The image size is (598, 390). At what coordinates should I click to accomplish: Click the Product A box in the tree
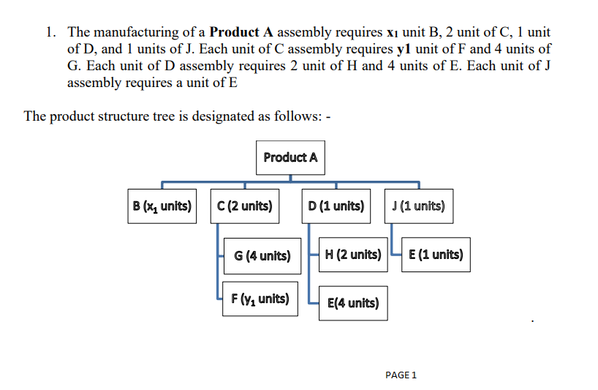[x=290, y=157]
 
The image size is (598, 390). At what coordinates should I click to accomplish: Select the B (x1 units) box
[x=161, y=206]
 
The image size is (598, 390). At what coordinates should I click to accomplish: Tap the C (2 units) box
[x=244, y=206]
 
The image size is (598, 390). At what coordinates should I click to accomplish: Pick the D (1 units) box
[x=336, y=206]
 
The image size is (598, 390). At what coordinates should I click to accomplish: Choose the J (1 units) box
[x=418, y=206]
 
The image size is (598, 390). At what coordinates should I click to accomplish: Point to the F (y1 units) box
[x=260, y=299]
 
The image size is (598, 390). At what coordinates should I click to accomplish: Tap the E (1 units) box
[x=435, y=255]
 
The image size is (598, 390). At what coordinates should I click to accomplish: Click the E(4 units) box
[x=353, y=302]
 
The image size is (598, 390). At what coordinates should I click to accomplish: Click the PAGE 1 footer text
[x=400, y=375]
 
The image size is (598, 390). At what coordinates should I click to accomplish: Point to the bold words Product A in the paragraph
[x=242, y=32]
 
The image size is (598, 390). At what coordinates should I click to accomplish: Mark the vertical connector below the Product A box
[x=290, y=177]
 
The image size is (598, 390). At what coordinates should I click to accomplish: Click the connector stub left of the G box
[x=220, y=255]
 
